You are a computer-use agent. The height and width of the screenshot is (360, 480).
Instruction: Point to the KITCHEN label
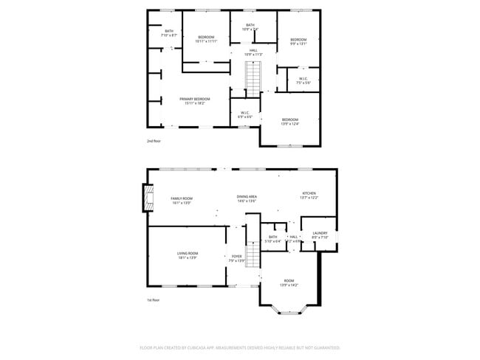(309, 195)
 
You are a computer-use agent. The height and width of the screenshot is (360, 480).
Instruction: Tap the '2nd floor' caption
(154, 140)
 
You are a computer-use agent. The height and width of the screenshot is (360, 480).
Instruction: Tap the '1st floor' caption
(154, 300)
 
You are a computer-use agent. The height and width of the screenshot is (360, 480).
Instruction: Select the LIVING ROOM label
(188, 255)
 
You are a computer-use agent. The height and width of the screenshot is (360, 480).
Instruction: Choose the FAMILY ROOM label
(181, 200)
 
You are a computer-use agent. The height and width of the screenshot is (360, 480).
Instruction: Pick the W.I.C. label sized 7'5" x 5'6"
(303, 80)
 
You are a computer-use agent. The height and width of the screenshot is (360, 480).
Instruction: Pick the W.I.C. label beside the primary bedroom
(245, 114)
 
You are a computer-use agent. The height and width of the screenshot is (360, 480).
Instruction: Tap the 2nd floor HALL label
(253, 52)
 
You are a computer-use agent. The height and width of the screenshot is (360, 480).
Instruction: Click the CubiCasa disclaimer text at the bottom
(240, 347)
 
